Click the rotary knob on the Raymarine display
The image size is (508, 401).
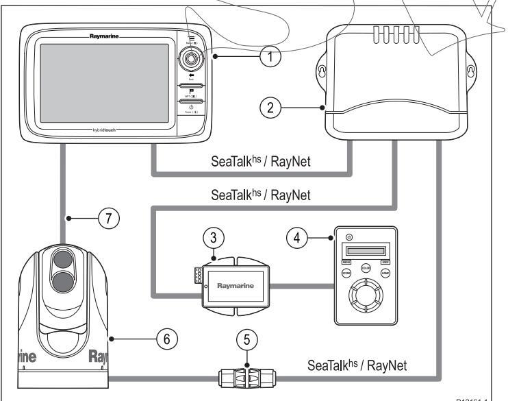[189, 58]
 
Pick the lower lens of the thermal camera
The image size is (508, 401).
[62, 280]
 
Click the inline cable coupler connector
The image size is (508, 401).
[245, 376]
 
